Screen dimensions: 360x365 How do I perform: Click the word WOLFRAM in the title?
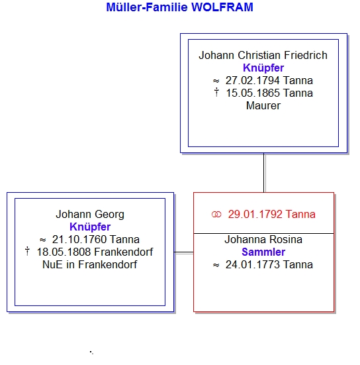click(x=222, y=7)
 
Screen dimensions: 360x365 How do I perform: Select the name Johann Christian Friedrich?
click(x=263, y=56)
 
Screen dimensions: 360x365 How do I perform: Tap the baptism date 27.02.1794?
click(x=253, y=81)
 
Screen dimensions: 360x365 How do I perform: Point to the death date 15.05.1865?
click(x=253, y=93)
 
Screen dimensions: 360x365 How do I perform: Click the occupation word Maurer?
click(x=263, y=106)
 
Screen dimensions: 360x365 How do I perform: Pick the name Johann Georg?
click(x=90, y=215)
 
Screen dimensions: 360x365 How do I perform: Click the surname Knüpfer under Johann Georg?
click(x=90, y=227)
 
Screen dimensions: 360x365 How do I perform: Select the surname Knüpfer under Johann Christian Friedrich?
click(x=263, y=68)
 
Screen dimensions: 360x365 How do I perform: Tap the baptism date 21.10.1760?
click(x=79, y=239)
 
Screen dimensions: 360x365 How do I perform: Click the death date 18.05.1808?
click(x=64, y=252)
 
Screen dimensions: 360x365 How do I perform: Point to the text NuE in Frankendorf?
click(x=90, y=264)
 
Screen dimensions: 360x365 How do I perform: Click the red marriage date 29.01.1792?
click(x=255, y=215)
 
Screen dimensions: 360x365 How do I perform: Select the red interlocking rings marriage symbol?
click(x=216, y=215)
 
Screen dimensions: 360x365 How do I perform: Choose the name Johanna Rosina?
click(x=263, y=240)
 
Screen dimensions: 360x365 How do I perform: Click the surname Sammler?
click(x=263, y=252)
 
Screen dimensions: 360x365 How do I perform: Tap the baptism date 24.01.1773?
click(x=253, y=265)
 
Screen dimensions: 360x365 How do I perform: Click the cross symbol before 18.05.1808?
click(x=27, y=251)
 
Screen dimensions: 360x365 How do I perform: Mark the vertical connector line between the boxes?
click(x=264, y=173)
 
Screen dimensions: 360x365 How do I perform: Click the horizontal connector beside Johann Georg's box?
click(x=184, y=252)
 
